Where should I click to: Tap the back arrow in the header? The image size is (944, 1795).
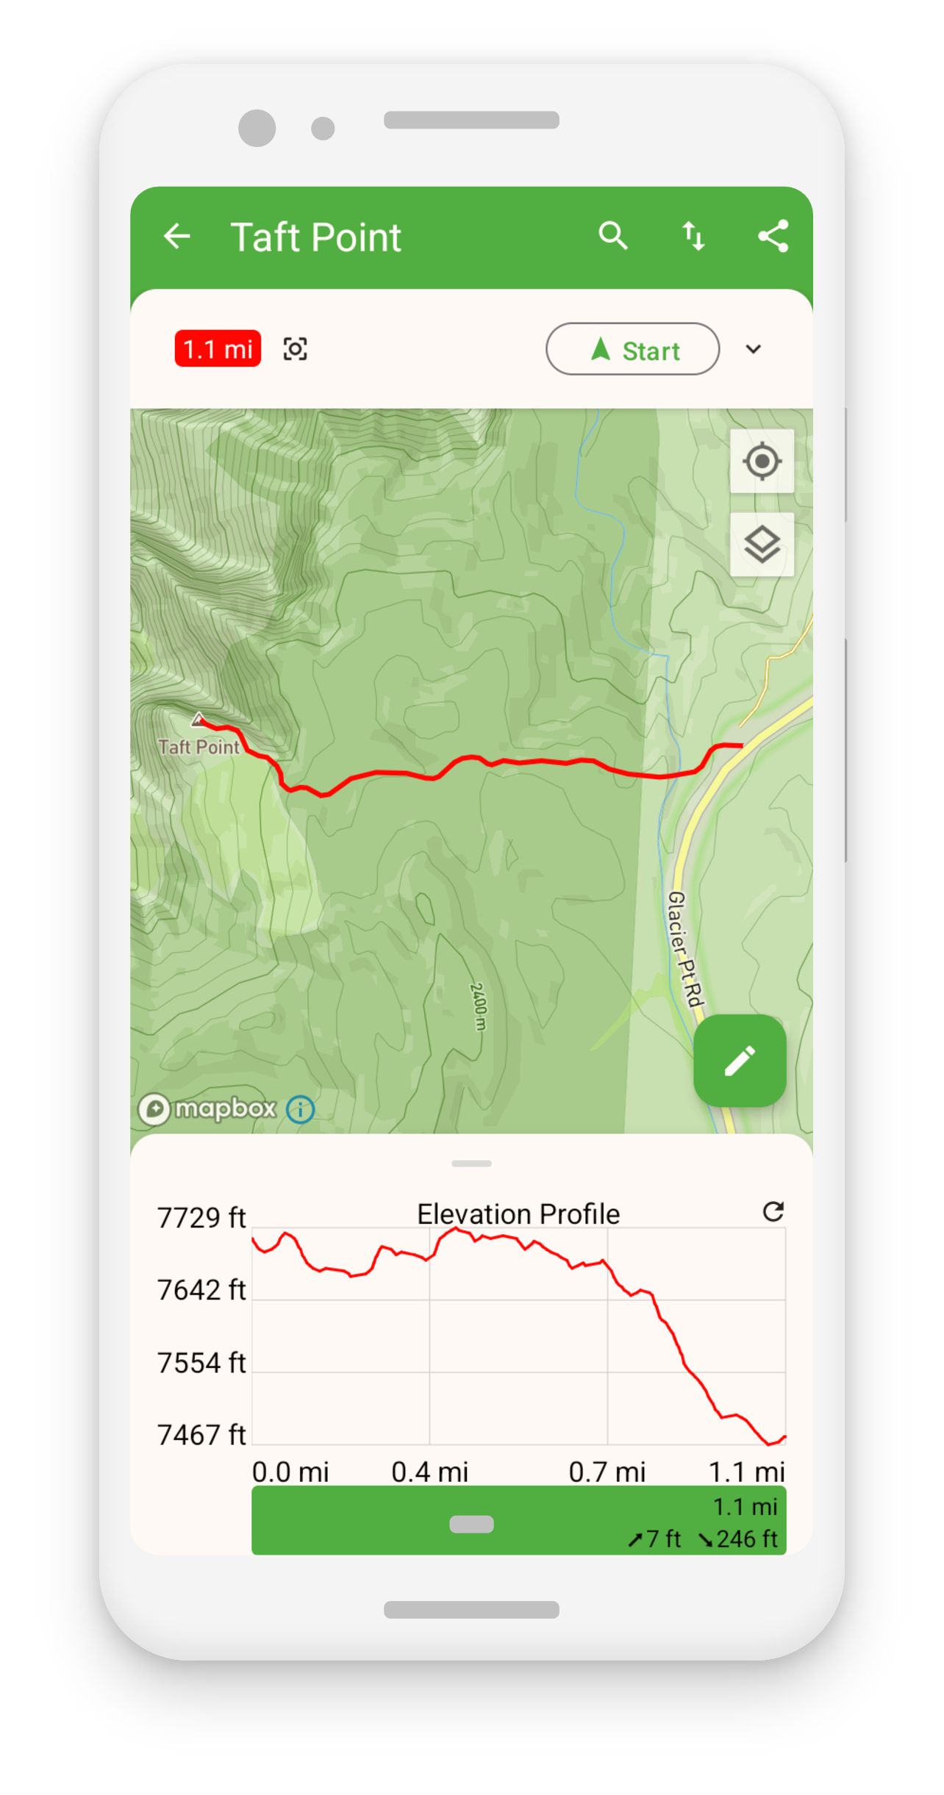pos(177,237)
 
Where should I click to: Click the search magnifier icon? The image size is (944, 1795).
pos(612,236)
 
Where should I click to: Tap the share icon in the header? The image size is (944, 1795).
pos(773,236)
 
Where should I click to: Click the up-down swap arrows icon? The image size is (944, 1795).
pos(693,236)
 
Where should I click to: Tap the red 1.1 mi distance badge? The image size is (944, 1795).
pos(218,348)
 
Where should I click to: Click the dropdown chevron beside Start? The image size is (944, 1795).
pos(754,349)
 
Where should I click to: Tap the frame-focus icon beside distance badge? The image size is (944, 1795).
pos(296,349)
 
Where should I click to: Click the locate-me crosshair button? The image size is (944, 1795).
pos(762,462)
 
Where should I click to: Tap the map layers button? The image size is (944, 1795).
pos(762,545)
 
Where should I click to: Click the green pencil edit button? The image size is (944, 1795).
pos(740,1061)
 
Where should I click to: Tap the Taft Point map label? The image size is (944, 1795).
pos(199,747)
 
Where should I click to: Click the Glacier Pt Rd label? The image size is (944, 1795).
pos(685,948)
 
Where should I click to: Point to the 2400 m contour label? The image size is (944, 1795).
pos(478,1006)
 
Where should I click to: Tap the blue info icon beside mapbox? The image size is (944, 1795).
pos(300,1109)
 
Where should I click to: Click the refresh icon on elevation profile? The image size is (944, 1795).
pos(773,1211)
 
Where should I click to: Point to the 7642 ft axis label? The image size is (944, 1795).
pos(201,1290)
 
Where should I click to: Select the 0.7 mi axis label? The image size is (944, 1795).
pos(607,1472)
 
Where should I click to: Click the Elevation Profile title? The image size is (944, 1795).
pos(518,1214)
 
